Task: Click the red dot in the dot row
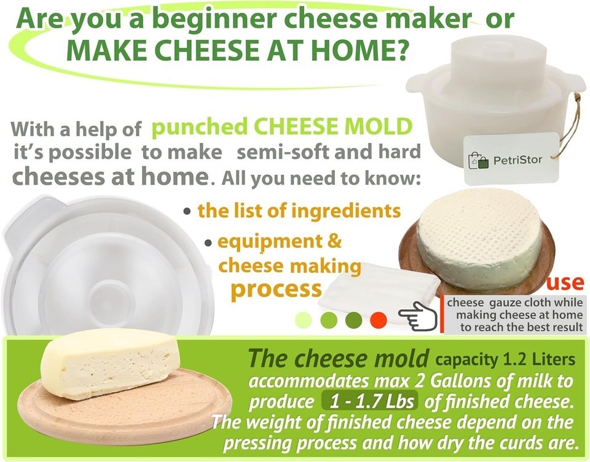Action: tap(378, 320)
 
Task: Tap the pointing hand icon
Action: tap(418, 317)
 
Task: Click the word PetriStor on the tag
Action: tap(517, 160)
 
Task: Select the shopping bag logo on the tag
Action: tap(478, 161)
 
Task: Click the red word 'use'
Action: tap(565, 282)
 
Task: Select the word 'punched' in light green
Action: tap(199, 127)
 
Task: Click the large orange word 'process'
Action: tap(277, 288)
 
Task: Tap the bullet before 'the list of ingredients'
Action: tap(187, 210)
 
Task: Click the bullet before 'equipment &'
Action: tap(208, 243)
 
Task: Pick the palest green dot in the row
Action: tap(303, 320)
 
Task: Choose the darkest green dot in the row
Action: tap(353, 320)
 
